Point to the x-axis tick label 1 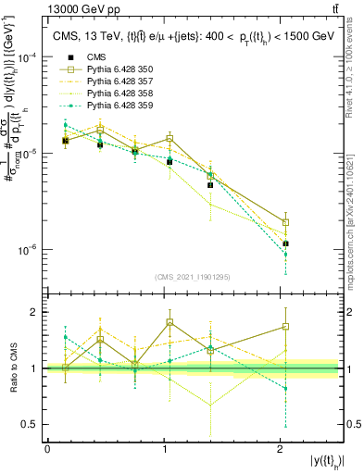pyautogui.click(x=165, y=449)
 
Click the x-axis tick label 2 pyautogui.click(x=282, y=449)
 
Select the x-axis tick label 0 pyautogui.click(x=47, y=449)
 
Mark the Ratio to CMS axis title pyautogui.click(x=12, y=368)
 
